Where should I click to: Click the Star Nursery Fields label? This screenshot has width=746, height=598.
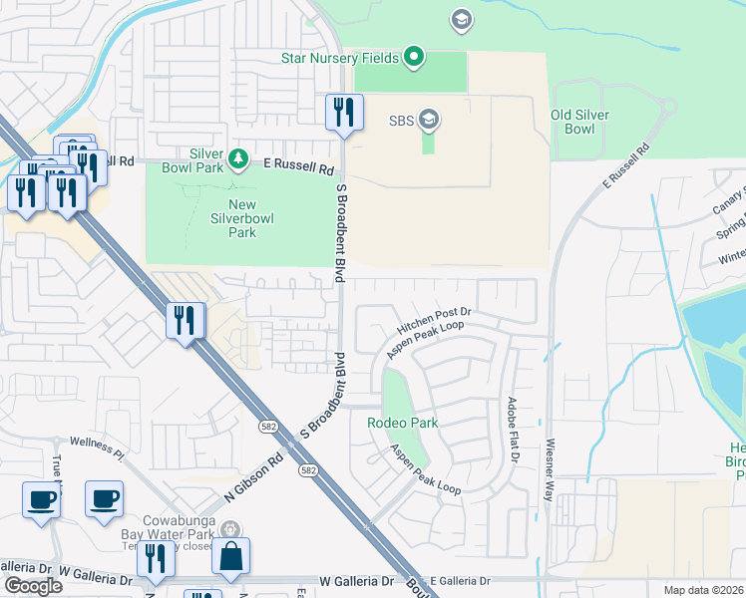(341, 58)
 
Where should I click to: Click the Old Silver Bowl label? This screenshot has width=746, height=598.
(579, 122)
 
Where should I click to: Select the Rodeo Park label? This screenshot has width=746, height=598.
(402, 423)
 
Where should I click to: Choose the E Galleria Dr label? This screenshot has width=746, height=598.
(462, 580)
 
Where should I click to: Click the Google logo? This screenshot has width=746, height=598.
(32, 587)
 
